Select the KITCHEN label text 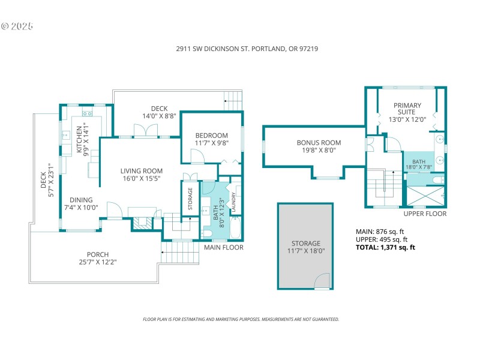tap(82, 139)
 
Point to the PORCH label tap(97, 258)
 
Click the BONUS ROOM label tap(319, 146)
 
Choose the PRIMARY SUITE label tap(407, 112)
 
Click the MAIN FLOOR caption tap(223, 247)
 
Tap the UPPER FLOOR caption tap(425, 214)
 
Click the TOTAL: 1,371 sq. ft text tap(386, 247)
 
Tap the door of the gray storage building tap(322, 281)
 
